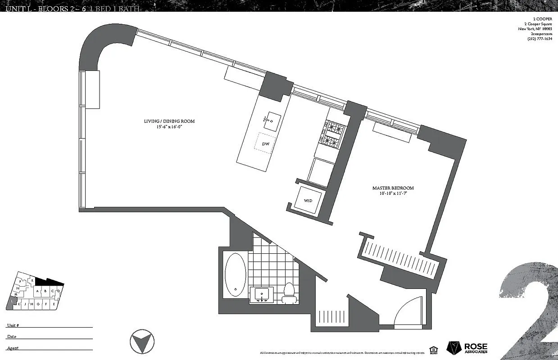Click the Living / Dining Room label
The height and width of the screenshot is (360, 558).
(169, 121)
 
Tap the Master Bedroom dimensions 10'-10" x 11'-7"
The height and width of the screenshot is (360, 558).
(393, 194)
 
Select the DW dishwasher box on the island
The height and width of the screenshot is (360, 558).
(266, 144)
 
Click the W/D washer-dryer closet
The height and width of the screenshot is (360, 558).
(308, 200)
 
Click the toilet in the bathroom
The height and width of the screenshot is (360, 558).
(288, 293)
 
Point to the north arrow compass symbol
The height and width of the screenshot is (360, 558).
(141, 342)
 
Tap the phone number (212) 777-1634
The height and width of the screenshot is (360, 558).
(539, 39)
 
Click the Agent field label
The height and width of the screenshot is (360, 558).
(13, 348)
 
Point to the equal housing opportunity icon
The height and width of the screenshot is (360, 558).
(433, 349)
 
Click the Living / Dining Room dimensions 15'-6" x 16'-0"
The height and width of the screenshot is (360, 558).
(169, 127)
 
